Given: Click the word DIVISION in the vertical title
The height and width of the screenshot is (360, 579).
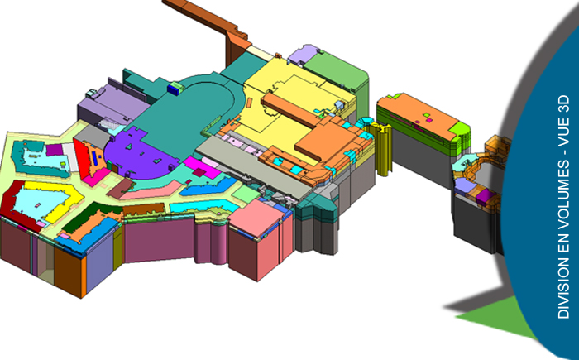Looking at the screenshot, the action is tap(564, 288).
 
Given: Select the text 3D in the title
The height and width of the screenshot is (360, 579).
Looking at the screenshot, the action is tap(564, 103).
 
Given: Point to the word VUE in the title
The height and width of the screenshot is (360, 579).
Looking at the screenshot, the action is tap(564, 132).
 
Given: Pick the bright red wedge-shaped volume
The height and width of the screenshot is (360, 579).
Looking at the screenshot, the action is tap(82, 157).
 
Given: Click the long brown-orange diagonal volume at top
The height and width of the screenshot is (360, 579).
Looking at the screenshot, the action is tap(207, 22).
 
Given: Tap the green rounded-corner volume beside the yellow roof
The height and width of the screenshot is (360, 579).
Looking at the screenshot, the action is tap(336, 74).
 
